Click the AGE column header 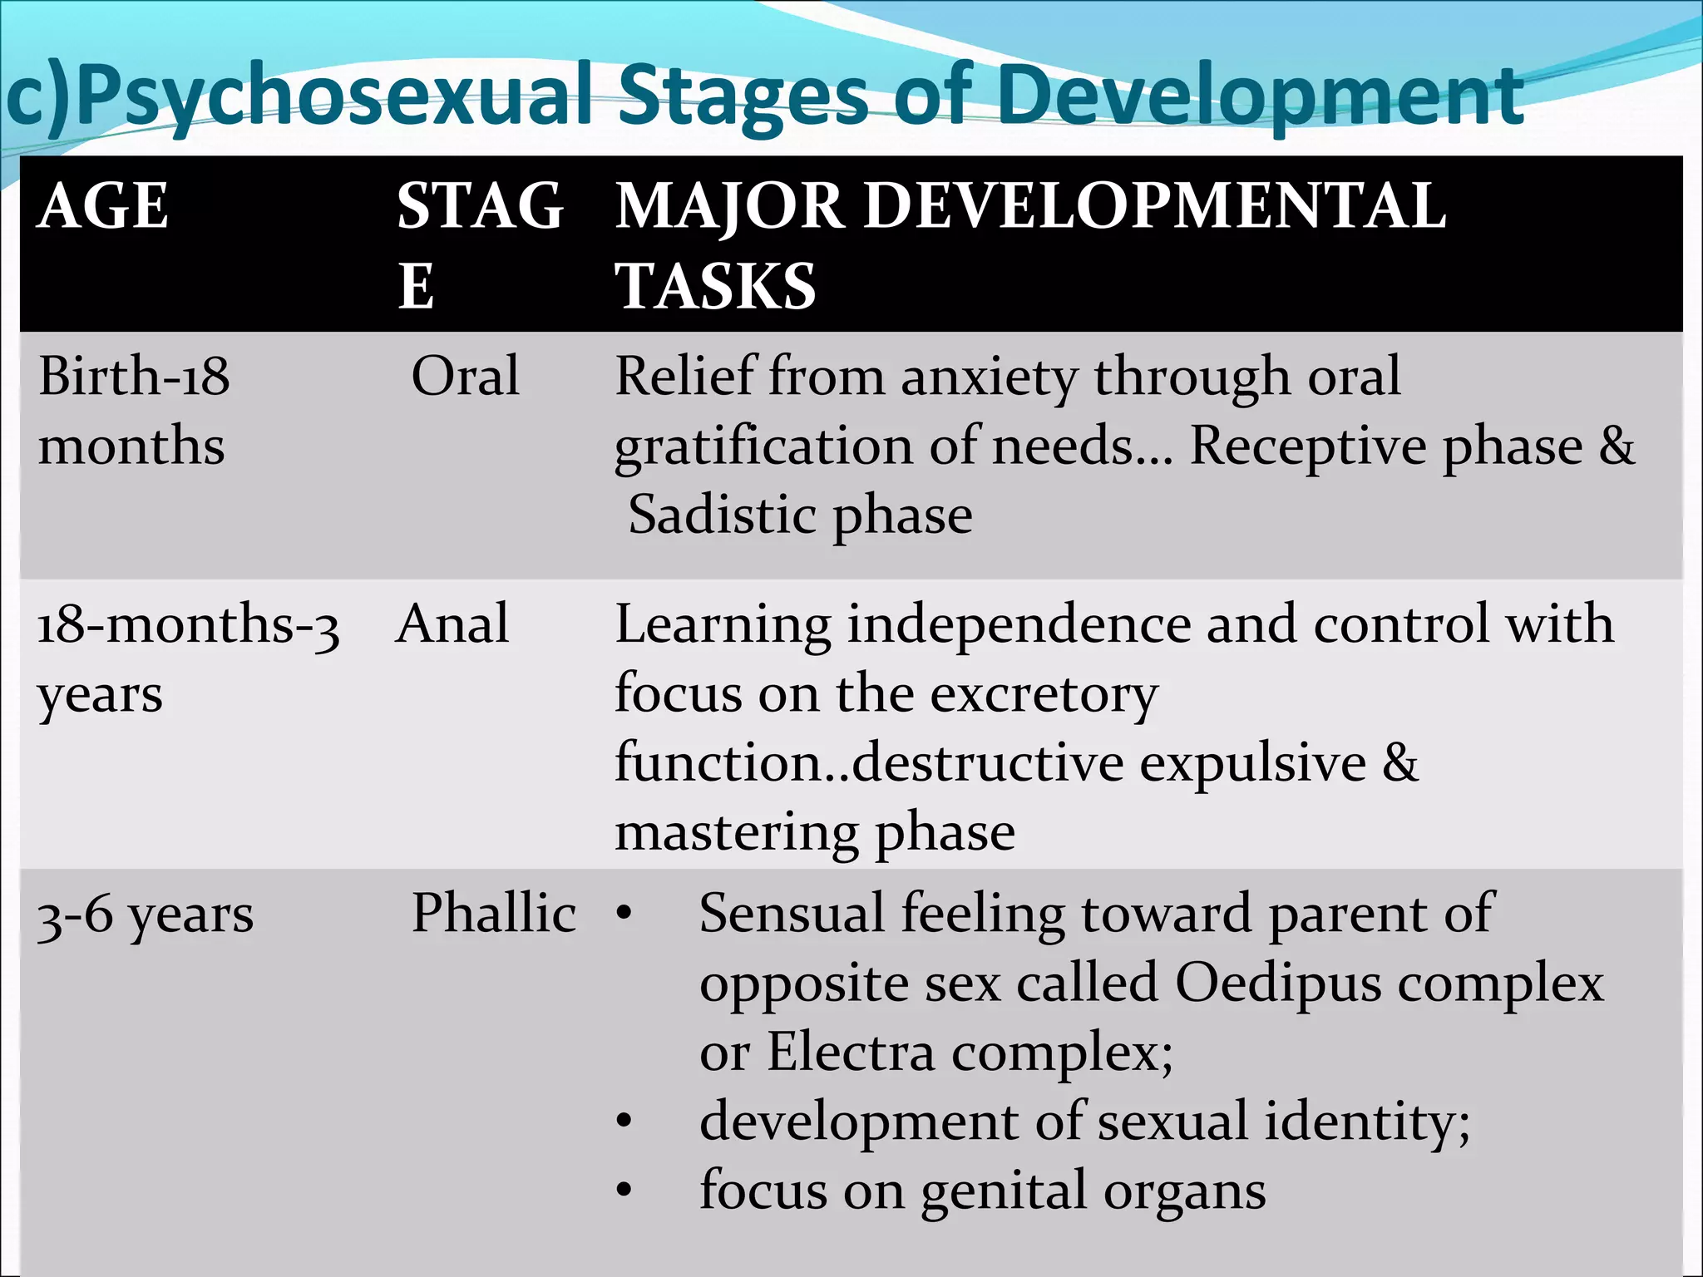(x=103, y=206)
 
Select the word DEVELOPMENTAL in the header (x=1156, y=206)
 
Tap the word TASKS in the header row (x=715, y=286)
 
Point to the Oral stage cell (x=466, y=376)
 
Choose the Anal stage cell (x=452, y=624)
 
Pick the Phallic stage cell (x=494, y=913)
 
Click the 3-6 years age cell (x=146, y=915)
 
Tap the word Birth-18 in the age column (x=134, y=376)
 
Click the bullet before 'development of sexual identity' (x=624, y=1122)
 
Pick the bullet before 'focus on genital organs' (x=624, y=1191)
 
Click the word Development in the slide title (x=1260, y=98)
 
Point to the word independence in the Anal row (x=1018, y=625)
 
